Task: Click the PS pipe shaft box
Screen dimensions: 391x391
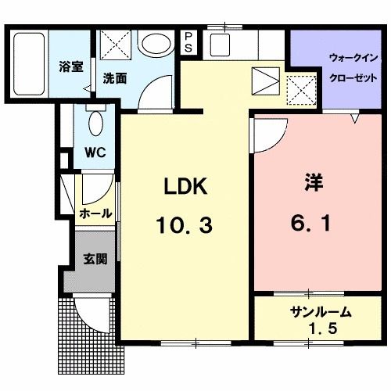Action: coord(189,42)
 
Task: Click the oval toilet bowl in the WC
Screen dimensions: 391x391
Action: coord(95,124)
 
